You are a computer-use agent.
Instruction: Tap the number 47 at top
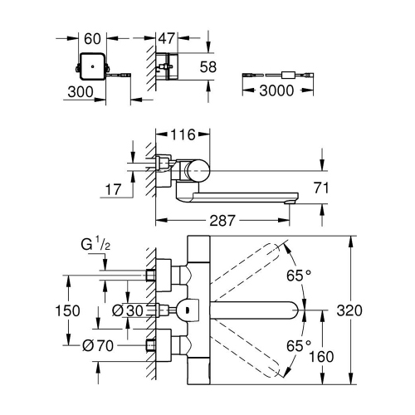[x=169, y=37]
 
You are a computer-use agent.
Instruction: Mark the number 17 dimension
[x=113, y=191]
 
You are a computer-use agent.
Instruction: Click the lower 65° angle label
[x=299, y=344]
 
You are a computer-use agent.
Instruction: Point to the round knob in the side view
[x=196, y=172]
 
